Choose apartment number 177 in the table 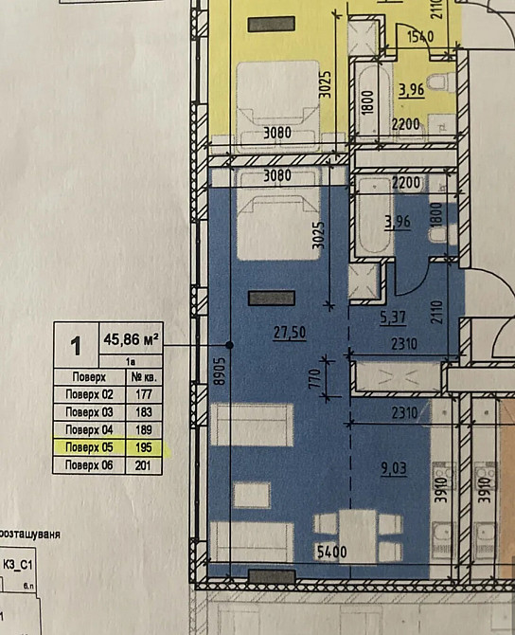(146, 394)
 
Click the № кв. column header (146, 376)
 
